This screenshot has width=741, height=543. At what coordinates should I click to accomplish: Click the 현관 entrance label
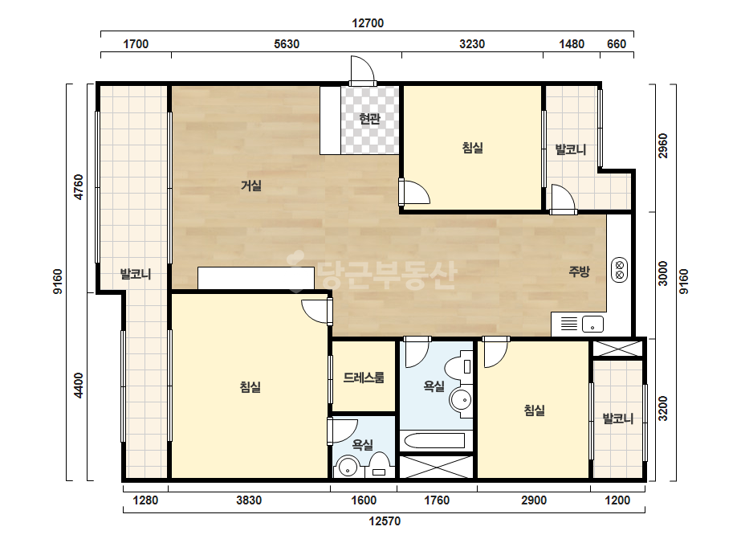coord(369,118)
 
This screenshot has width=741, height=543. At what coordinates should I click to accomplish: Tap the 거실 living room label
coord(251,186)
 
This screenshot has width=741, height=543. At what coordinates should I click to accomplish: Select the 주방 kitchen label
coord(579,271)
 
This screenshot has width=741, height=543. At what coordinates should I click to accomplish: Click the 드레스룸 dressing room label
coord(364,378)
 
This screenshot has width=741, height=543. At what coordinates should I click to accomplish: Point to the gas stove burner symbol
coord(619,270)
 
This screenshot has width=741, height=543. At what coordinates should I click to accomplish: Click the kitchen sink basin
coord(592,324)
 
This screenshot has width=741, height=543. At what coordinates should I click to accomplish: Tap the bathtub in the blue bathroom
coord(436,441)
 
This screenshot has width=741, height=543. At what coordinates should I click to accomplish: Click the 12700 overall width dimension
coord(368,23)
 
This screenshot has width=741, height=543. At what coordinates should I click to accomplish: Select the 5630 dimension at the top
coord(287,44)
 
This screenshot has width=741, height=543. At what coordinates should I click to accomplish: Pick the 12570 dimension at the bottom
coord(385,521)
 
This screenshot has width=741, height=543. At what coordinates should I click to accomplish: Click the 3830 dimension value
coord(249,500)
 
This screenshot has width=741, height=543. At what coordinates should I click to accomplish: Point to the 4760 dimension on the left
coord(79,187)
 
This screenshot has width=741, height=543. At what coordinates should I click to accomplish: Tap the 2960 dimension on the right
coord(663,145)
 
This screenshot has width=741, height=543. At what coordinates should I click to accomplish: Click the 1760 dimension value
coord(436,500)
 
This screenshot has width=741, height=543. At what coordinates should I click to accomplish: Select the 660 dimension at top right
coord(617,44)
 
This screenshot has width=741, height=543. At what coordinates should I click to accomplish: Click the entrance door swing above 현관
coord(363,71)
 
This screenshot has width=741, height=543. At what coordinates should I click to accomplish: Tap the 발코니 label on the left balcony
coord(136,274)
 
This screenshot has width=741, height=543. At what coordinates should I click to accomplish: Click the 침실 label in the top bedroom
coord(473,148)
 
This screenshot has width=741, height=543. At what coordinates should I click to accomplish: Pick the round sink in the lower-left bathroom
coord(348,467)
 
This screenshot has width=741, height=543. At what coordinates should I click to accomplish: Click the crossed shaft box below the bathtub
coord(436,467)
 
